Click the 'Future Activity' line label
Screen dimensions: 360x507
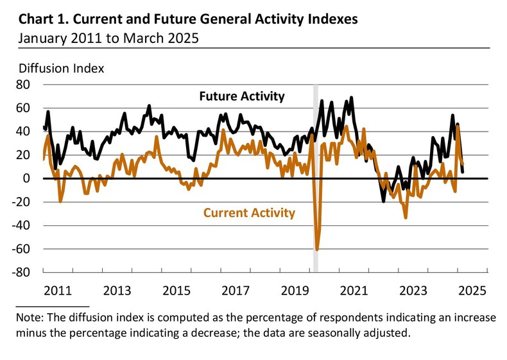[241, 97]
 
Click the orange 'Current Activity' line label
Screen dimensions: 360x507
[250, 212]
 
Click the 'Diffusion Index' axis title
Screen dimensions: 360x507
[62, 67]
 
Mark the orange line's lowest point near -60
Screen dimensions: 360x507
[317, 250]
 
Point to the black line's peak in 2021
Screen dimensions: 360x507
[351, 98]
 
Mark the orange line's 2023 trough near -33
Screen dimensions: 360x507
[406, 218]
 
